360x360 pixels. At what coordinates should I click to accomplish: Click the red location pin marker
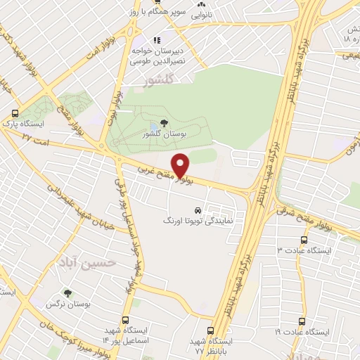tap(180, 164)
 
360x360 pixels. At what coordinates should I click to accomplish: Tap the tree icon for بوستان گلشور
tap(163, 123)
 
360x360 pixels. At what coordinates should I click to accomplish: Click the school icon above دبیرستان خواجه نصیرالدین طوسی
tap(157, 40)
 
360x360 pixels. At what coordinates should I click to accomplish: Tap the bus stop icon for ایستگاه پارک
tap(15, 112)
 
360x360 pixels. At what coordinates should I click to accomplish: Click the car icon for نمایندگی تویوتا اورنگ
tap(198, 210)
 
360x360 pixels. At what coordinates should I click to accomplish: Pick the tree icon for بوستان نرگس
tap(67, 293)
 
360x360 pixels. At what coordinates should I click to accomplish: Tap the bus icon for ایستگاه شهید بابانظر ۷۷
tap(213, 330)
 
